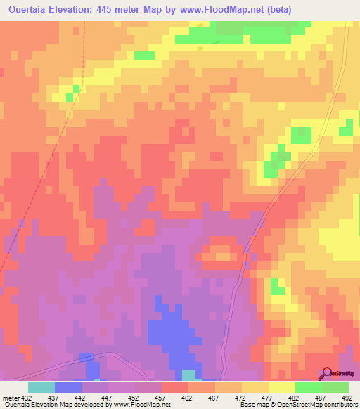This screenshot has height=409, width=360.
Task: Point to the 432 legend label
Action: (x=27, y=397)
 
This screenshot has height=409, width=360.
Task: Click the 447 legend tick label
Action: (x=108, y=397)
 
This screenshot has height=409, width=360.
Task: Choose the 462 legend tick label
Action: (x=188, y=397)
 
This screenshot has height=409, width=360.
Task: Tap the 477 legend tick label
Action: (x=268, y=397)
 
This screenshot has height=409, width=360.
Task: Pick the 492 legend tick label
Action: (x=347, y=397)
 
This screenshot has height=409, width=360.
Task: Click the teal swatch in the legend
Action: (x=41, y=387)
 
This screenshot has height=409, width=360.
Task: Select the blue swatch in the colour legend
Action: (x=68, y=387)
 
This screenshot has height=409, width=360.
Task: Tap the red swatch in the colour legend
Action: (x=175, y=387)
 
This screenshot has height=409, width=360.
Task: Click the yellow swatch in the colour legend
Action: (x=282, y=387)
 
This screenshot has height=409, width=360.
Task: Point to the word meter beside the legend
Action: (x=10, y=397)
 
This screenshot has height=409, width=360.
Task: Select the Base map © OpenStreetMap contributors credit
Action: (x=297, y=405)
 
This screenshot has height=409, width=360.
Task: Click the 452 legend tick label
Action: (x=134, y=397)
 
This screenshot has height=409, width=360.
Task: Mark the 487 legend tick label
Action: (x=321, y=397)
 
